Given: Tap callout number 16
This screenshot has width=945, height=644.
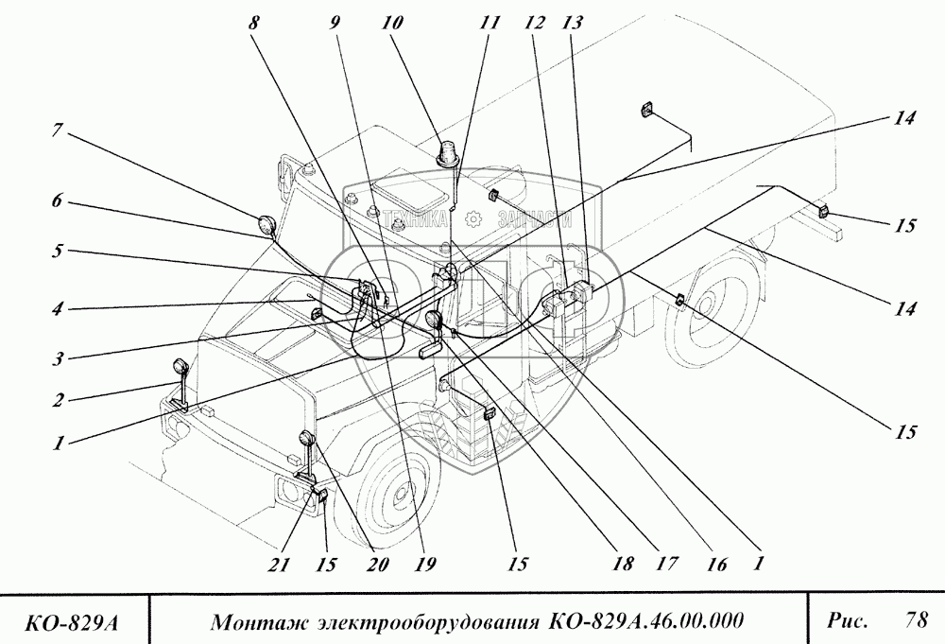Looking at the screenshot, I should [714, 566].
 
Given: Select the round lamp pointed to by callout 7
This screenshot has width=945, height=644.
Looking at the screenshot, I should [267, 226].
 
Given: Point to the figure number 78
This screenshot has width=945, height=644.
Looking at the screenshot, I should [915, 620].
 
